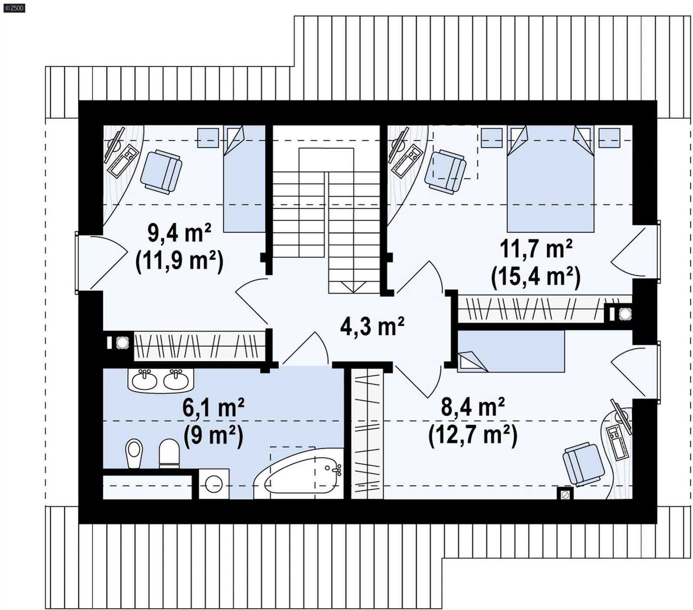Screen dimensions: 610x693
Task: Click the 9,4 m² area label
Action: point(179,233)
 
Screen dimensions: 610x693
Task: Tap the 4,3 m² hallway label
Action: point(372,326)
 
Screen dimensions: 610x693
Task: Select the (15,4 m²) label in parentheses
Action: point(535,277)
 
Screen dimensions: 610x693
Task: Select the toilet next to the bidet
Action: point(169,453)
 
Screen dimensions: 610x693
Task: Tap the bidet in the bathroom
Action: point(134,453)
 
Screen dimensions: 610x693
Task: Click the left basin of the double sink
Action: point(144,380)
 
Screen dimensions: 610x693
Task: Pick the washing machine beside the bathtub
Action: point(214,483)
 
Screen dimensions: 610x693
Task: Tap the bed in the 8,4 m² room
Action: point(511,351)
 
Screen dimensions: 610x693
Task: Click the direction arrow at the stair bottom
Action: point(354,287)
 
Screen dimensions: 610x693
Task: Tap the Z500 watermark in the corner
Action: point(13,7)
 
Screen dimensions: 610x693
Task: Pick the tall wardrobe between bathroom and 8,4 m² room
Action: point(367,434)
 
